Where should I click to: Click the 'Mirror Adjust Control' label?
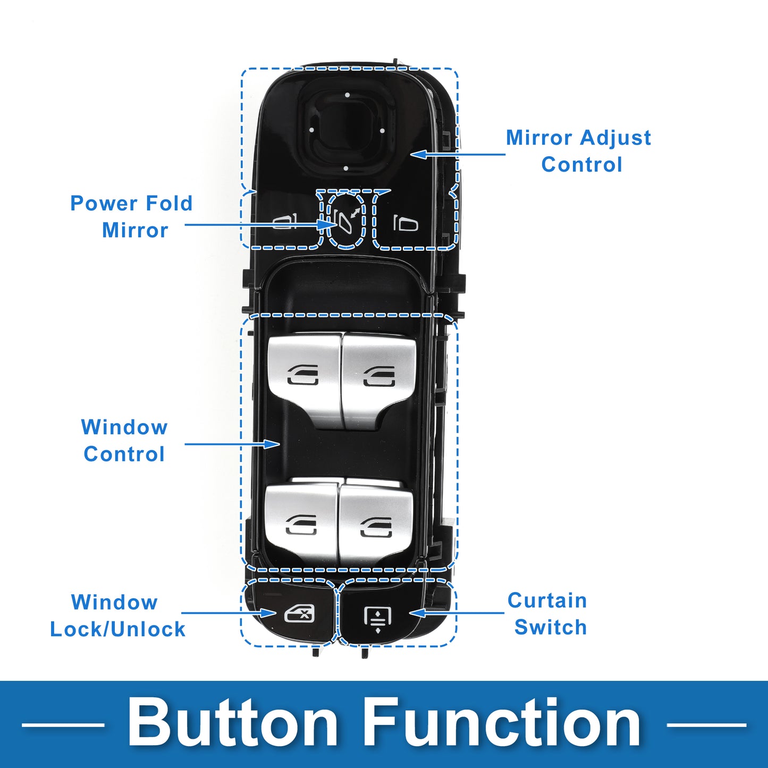(579, 151)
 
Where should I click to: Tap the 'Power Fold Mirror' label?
(132, 217)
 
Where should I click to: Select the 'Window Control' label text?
(124, 441)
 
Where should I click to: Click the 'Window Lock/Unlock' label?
(117, 616)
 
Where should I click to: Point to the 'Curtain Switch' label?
(547, 614)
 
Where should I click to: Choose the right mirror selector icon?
(406, 223)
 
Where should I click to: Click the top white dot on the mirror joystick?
(347, 95)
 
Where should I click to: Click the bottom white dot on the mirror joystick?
(345, 168)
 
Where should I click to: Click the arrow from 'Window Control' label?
(232, 444)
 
